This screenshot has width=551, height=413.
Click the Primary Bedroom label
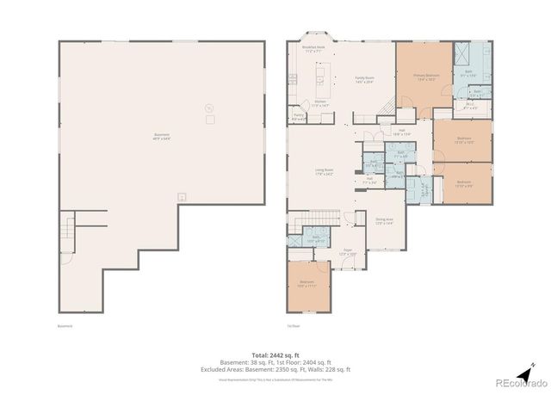[x=425, y=77]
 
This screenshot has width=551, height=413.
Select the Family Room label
[x=364, y=80]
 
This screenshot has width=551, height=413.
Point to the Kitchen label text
[x=319, y=103]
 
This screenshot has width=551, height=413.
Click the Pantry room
[x=299, y=116]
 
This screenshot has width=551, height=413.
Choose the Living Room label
[x=324, y=172]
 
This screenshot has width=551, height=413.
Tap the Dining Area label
[x=384, y=221]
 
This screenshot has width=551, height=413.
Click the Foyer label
[x=347, y=251]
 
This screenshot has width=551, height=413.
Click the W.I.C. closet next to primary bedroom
[x=470, y=108]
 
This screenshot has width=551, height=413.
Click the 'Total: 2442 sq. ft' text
[x=275, y=354]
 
